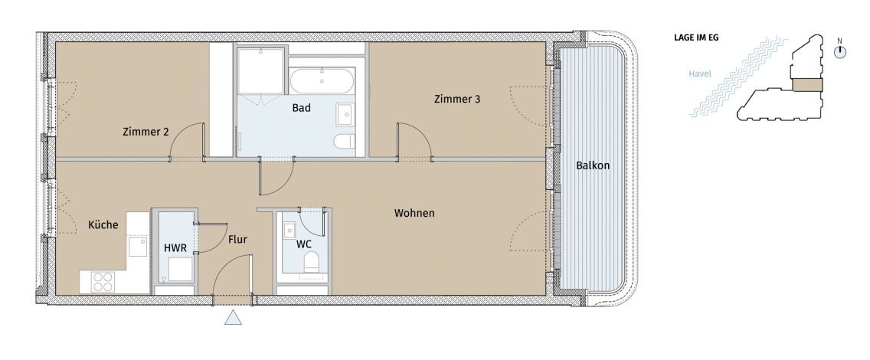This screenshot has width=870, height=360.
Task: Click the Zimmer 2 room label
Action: [x=146, y=132]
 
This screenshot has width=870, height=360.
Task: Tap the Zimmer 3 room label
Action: [x=457, y=100]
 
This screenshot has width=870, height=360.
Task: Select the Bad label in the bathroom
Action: [x=301, y=108]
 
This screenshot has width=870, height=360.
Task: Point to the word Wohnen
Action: [x=414, y=213]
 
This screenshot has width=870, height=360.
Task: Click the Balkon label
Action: [x=593, y=165]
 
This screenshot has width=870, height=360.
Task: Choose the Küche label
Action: [x=103, y=224]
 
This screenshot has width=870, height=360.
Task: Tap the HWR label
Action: [x=175, y=248]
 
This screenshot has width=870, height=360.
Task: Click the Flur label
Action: [x=237, y=240]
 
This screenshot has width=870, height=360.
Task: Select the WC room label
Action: [x=303, y=244]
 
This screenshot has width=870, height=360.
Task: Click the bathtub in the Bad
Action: [x=322, y=81]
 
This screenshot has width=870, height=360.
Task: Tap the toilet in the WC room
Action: [x=311, y=263]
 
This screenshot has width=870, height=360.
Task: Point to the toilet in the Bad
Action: [x=344, y=142]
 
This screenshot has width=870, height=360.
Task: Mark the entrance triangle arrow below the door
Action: [x=233, y=317]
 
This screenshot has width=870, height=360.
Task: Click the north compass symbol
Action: [x=840, y=51]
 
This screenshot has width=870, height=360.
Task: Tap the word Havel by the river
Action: [x=700, y=74]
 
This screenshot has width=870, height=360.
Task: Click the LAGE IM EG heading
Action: [x=696, y=38]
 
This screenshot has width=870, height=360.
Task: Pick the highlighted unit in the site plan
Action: [x=807, y=85]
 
